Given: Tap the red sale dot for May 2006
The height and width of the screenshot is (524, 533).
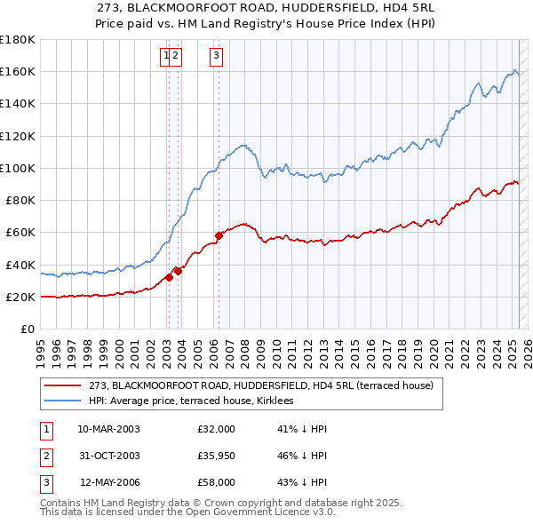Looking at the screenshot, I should point(219,236).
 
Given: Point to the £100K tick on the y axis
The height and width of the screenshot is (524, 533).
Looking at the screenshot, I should point(18,168).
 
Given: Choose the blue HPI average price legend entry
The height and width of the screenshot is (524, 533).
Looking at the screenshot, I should point(196,401).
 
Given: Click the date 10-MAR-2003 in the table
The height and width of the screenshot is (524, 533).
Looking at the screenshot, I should point(108,429).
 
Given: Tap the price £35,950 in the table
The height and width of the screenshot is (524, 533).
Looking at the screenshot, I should point(217,457).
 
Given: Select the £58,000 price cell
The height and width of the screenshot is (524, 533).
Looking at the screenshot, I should point(217,484).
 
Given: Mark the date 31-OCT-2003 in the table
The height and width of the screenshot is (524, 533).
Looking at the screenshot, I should point(108,457).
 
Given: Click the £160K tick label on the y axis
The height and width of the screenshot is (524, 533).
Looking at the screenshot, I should point(18,71).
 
